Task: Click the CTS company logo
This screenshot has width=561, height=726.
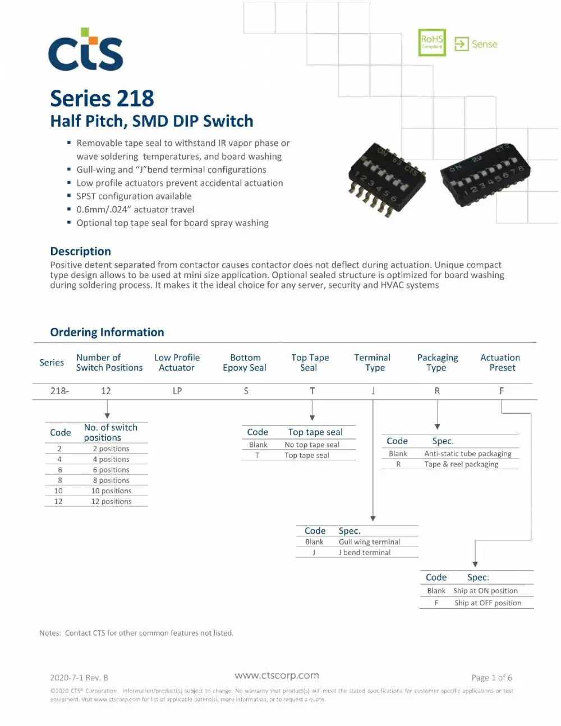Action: pos(86,49)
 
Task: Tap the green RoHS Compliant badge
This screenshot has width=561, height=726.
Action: pos(431,43)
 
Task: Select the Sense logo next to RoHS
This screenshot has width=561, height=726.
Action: pos(475,44)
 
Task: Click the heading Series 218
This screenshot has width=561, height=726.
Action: pos(102,98)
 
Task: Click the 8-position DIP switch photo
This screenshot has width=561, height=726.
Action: pos(485,175)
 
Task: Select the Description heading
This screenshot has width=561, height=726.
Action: pos(81,251)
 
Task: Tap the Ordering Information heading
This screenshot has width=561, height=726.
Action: pos(107,332)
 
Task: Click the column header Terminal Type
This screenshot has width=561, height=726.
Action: pos(372,363)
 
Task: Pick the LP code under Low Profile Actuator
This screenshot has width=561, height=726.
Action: pos(177,391)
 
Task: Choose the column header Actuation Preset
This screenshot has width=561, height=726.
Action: pos(500,363)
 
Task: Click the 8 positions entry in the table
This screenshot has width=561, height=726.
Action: pos(111,480)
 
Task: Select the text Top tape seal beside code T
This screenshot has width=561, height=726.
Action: pos(306,455)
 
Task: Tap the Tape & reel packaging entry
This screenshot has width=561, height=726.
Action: pos(461,464)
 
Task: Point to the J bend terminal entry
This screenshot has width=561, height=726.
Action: pos(365,552)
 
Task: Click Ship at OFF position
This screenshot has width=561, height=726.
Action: pos(488,603)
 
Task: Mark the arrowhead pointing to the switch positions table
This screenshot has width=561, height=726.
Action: pos(107,415)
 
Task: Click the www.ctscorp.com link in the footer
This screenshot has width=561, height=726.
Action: pos(277,675)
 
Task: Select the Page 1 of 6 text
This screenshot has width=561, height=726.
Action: pos(491,678)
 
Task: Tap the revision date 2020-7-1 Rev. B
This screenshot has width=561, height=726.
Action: pos(79,678)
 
